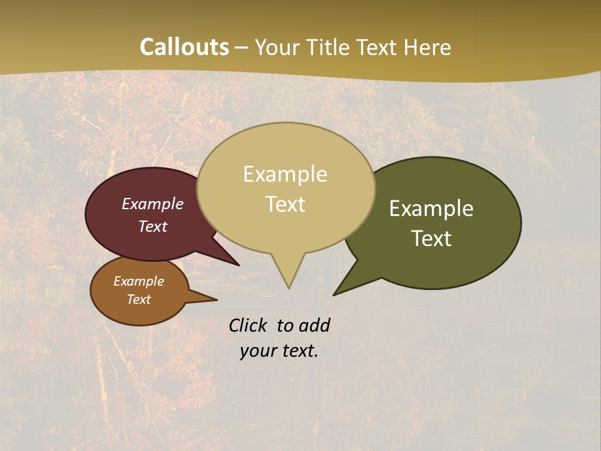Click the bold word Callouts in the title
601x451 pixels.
coord(184,47)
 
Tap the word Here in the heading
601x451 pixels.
coord(427,48)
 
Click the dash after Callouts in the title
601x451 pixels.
coord(241,48)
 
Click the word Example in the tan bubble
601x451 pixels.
coord(285,174)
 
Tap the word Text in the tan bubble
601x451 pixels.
coord(285,204)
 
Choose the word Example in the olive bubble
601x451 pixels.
coord(431,209)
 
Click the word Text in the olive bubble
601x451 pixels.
coord(431,239)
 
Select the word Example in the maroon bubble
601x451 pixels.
coord(153,204)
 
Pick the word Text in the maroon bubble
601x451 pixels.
coord(153,226)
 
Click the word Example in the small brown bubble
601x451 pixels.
coord(138,281)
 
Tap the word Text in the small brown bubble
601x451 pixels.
coord(138,299)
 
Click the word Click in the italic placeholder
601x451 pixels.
coord(248,325)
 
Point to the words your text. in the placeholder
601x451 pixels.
coord(279,351)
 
